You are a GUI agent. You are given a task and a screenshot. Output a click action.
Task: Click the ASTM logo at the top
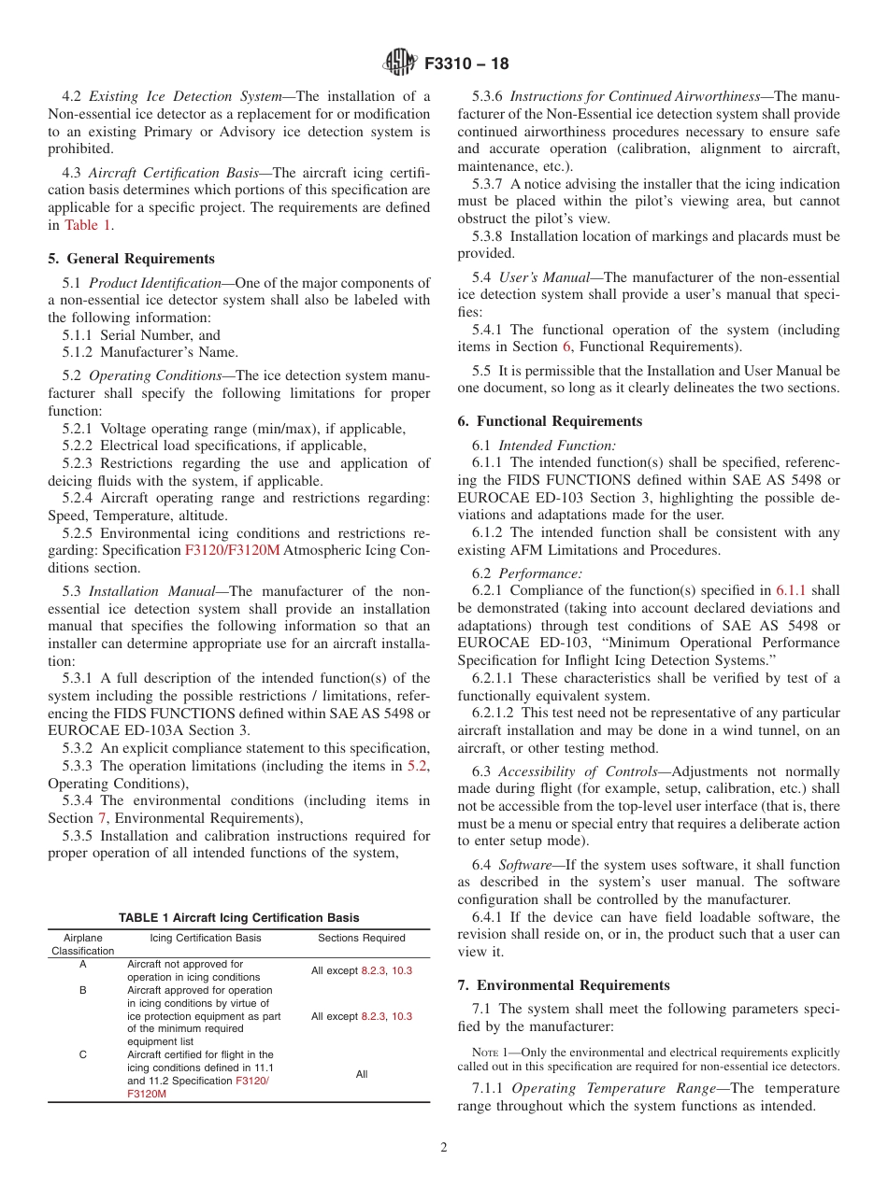click(x=400, y=64)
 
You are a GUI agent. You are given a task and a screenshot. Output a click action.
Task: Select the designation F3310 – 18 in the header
click(x=466, y=64)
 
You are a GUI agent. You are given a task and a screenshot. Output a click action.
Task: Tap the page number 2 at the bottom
click(x=444, y=1148)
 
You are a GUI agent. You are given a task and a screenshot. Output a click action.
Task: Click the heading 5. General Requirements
click(x=131, y=259)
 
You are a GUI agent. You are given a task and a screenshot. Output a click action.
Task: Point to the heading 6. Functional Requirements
click(x=550, y=421)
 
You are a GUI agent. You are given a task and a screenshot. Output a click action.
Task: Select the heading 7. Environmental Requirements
click(x=564, y=985)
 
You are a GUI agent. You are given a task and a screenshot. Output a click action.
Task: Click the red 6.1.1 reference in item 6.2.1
click(x=791, y=590)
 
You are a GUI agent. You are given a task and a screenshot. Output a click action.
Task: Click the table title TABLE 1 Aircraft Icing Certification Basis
click(x=238, y=918)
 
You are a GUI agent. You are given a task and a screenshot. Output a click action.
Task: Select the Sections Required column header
click(x=362, y=938)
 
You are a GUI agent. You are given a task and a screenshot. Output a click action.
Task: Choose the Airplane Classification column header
click(x=82, y=944)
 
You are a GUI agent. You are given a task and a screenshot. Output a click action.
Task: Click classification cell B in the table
click(x=82, y=990)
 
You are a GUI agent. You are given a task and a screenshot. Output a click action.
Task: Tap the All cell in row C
click(x=362, y=1074)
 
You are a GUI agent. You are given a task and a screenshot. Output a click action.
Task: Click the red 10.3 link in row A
click(x=402, y=970)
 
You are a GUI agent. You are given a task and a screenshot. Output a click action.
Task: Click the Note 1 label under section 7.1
click(x=493, y=1053)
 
